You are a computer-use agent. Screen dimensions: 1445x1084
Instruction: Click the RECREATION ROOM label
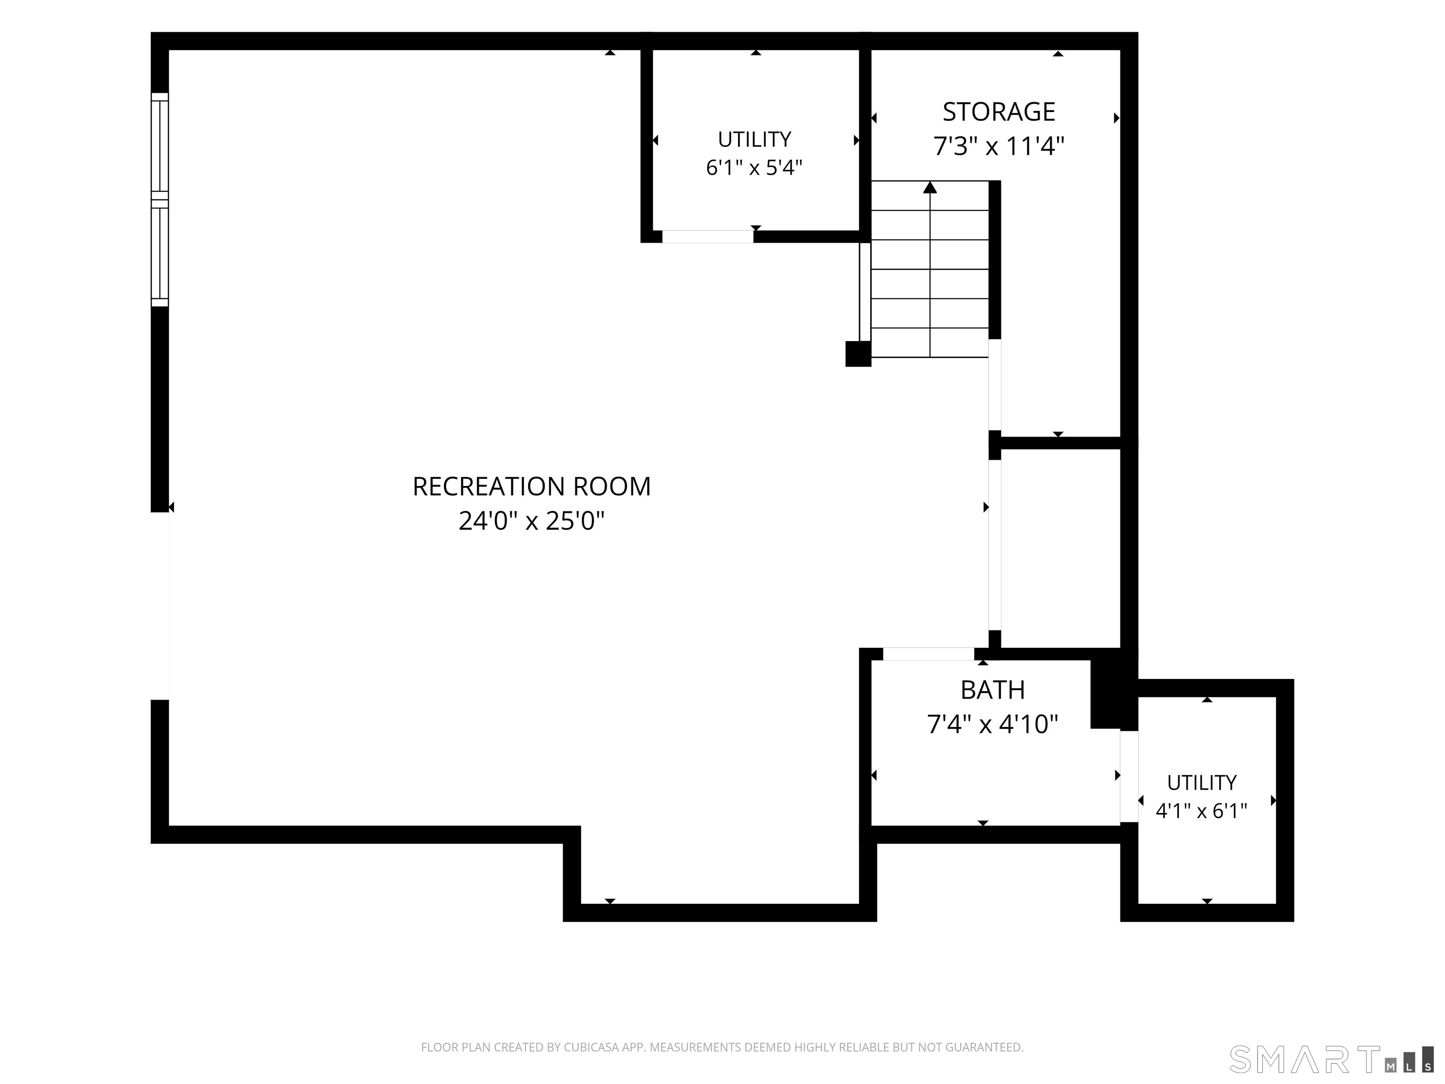point(532,487)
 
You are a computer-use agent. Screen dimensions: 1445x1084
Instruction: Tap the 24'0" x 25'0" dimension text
point(532,521)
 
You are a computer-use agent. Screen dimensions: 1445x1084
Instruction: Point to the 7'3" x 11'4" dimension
point(999,146)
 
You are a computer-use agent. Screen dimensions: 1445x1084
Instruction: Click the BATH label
point(992,690)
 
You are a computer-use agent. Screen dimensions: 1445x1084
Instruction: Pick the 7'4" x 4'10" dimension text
point(992,724)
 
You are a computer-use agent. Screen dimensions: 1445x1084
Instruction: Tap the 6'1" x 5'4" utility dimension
point(754,168)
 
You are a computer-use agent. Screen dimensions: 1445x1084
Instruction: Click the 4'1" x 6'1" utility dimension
point(1202,811)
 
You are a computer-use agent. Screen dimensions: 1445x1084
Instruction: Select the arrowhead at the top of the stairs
point(930,188)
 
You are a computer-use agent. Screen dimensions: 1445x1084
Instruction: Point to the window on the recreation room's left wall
point(160,199)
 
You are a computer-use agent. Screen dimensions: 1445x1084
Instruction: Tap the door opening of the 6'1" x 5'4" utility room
point(708,237)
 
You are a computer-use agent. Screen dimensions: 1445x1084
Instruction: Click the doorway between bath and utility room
point(1129,776)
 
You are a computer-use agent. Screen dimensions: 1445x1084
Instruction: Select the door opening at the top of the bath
point(928,654)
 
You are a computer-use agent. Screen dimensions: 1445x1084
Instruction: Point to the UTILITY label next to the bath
point(1202,783)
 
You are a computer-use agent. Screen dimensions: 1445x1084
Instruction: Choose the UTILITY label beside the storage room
point(754,139)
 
